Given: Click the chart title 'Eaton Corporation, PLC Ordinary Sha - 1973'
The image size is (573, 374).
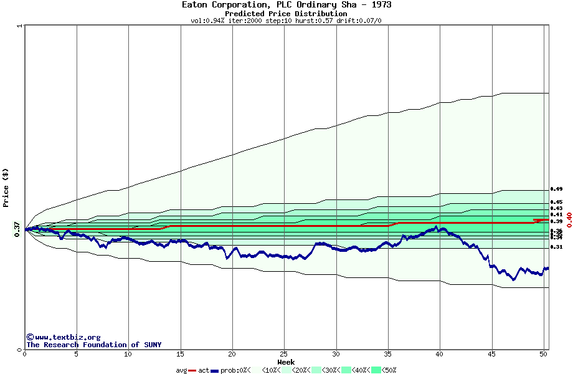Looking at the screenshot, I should point(286,5).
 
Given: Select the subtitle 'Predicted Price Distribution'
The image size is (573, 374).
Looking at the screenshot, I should point(286,14).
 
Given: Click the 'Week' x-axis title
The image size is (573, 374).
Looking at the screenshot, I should point(286,362).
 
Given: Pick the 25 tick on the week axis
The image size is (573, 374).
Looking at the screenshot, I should point(284,354).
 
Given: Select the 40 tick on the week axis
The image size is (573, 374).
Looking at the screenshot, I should point(440,354).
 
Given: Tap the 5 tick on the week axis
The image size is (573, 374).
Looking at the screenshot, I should point(77,354).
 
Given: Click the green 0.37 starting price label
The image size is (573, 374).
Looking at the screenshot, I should point(17,229).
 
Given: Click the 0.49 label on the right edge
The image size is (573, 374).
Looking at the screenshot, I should point(556,189).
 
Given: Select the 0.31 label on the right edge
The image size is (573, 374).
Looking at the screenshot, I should point(556,247).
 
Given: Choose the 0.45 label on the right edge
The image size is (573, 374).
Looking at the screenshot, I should point(556,202).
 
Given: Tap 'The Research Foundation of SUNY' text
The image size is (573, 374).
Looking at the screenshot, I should point(93,345).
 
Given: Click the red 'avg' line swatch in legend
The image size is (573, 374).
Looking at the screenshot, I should point(192,370).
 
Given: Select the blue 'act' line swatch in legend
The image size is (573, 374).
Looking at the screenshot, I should point(215,370).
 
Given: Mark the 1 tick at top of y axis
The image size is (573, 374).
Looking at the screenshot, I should point(20,26).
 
